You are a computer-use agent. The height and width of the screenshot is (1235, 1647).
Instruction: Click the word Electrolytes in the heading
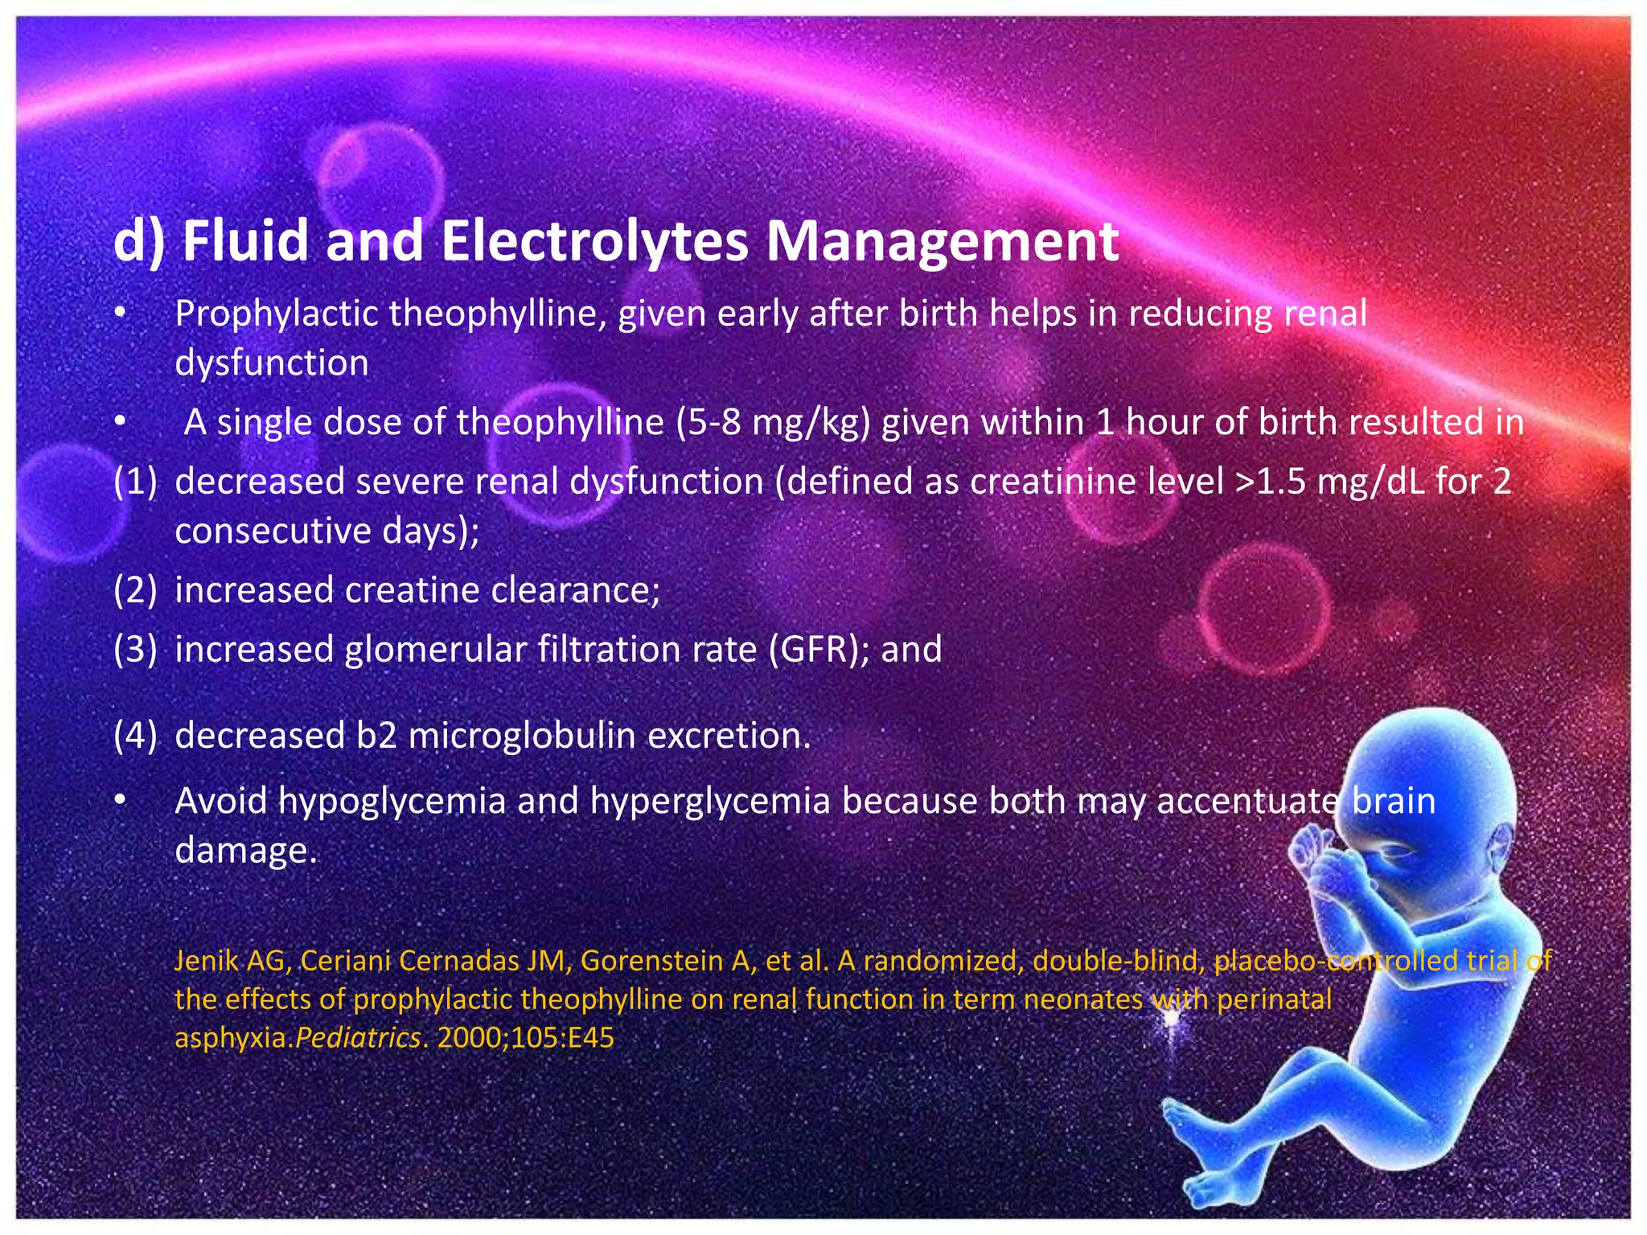[594, 240]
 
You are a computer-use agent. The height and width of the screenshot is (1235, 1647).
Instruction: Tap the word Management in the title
[942, 240]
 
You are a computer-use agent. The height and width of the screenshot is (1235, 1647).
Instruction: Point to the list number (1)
[135, 481]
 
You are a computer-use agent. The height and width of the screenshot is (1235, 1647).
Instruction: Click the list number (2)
[135, 590]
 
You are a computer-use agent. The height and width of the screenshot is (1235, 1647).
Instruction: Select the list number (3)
[135, 650]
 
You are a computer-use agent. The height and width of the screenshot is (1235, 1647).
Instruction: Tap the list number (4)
[135, 736]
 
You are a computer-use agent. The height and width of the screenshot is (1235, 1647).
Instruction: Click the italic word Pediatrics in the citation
[358, 1038]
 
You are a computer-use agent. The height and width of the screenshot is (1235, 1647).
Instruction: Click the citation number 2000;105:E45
[525, 1038]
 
